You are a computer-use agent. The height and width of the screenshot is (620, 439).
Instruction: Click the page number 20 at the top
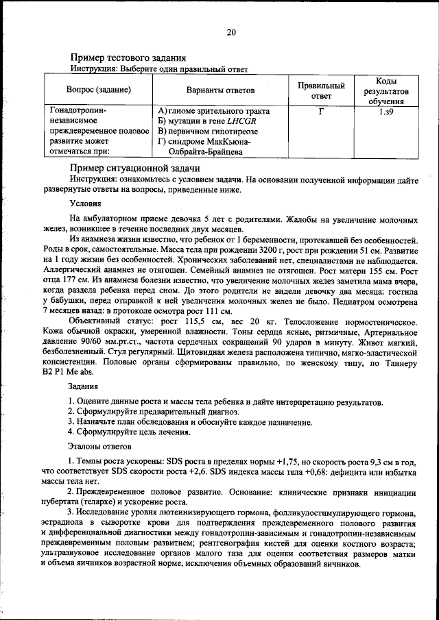point(231,32)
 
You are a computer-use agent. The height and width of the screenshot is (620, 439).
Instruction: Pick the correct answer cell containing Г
point(321,110)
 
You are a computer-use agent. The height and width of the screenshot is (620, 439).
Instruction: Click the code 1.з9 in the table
point(385,110)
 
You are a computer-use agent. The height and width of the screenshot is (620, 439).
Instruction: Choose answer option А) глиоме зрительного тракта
point(213,110)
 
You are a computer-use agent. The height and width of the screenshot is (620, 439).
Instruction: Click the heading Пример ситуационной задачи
point(134,168)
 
